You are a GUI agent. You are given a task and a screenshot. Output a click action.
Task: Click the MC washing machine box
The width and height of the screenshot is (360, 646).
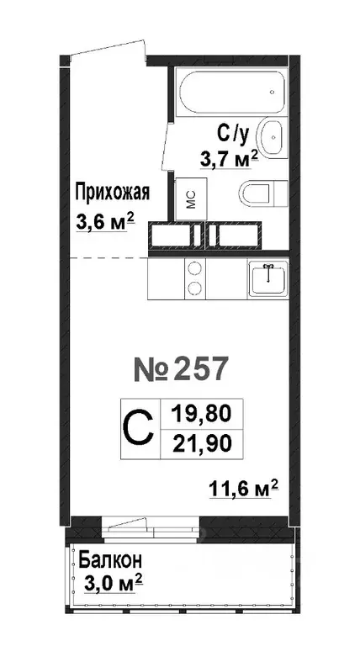pos(189,197)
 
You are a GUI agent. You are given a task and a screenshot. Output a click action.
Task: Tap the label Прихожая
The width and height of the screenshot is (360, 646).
pos(112,192)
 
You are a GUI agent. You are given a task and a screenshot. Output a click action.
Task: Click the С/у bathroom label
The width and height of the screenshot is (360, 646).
pos(235,132)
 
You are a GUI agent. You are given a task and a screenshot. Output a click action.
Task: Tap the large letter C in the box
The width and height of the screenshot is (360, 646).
pos(139,428)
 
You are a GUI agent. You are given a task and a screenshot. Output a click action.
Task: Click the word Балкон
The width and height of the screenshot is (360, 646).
pos(110,559)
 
